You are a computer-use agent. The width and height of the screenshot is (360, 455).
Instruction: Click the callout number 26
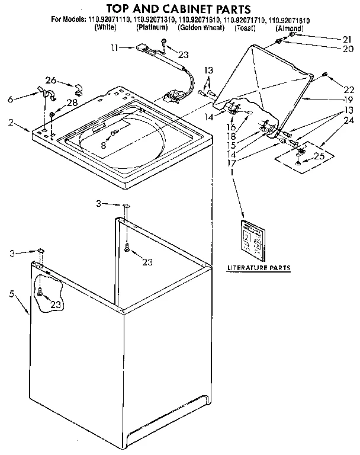point(51,81)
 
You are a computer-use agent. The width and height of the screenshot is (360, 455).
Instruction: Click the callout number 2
point(11,124)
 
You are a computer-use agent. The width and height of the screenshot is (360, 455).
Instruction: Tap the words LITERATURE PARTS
point(259,268)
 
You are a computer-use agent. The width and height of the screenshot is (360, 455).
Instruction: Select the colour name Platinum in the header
point(152,28)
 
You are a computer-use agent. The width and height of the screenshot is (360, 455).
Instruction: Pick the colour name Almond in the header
point(290,28)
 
